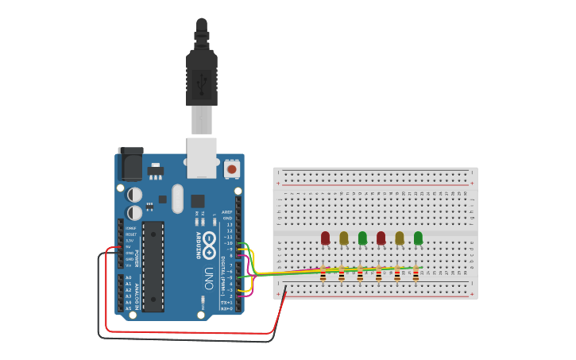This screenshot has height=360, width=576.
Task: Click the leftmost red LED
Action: pos(325,238)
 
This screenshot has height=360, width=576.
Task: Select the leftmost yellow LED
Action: pos(344,238)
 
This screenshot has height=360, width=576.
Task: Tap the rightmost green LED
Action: pos(418,238)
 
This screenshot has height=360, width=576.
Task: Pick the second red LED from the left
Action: pos(381,238)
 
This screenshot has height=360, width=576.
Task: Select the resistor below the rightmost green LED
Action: pos(416,274)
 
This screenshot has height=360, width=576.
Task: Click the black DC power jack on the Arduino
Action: pos(130,165)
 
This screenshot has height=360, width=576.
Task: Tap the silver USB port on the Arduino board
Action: pos(202,157)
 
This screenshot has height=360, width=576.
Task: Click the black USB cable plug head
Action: pos(202,79)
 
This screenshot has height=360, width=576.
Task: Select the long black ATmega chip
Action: pos(153,266)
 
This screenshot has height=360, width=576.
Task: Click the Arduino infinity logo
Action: pos(209,244)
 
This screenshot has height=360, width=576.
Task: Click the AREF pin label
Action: pos(227,212)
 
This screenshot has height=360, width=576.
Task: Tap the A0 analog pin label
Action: pos(129,277)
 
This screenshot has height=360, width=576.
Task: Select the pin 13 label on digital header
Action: pos(229,225)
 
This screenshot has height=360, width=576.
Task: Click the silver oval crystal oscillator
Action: pos(177,199)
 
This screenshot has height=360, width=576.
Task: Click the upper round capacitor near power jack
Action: pos(135,194)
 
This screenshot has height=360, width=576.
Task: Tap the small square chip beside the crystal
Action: pos(197,201)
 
